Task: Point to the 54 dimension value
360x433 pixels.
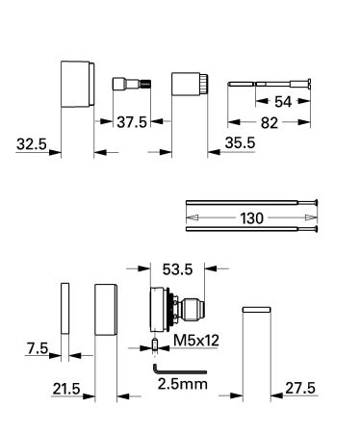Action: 281,100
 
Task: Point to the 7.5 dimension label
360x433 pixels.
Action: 36,346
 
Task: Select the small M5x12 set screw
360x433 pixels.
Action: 153,344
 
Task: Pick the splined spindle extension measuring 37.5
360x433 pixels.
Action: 128,84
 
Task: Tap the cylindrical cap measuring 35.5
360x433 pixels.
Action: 189,84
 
